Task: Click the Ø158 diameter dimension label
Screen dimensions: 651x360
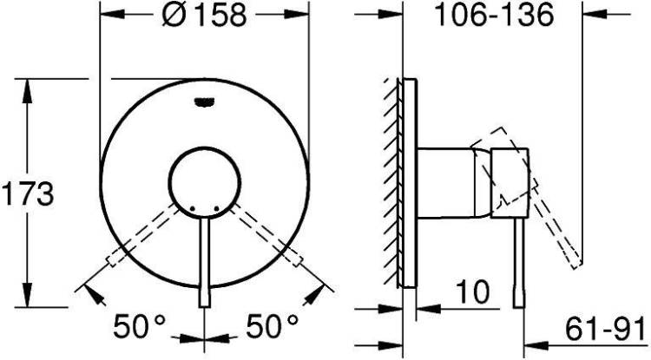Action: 205,15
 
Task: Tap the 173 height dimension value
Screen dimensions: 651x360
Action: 28,193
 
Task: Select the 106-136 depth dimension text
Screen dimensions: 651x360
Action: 494,15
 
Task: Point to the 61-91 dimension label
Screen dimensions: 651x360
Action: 606,328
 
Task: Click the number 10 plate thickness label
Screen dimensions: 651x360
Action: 473,292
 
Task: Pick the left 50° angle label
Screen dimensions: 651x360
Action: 140,326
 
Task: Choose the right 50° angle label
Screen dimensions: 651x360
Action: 273,326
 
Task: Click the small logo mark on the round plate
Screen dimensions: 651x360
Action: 205,101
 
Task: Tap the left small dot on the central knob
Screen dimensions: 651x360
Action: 192,208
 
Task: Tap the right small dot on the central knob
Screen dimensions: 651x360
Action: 216,208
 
